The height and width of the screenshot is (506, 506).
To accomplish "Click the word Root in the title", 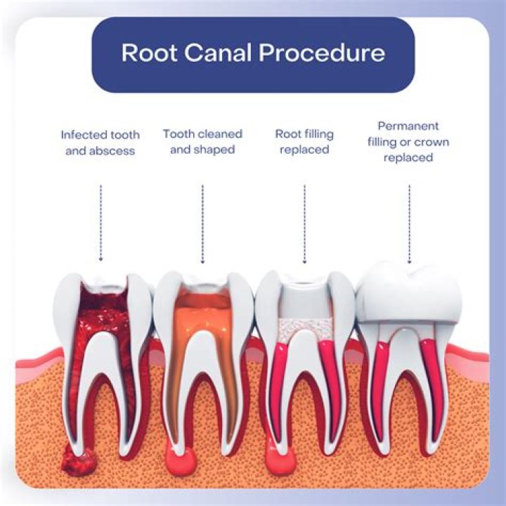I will pyautogui.click(x=145, y=53).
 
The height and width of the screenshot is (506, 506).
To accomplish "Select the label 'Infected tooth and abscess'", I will pyautogui.click(x=100, y=142).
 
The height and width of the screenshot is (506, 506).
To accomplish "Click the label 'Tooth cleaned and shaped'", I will pyautogui.click(x=202, y=141).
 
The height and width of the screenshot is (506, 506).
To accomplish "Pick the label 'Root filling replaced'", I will pyautogui.click(x=304, y=141).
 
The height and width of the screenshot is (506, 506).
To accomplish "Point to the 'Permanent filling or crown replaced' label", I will pyautogui.click(x=408, y=141).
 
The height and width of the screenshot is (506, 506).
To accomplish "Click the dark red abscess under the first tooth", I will pyautogui.click(x=77, y=460).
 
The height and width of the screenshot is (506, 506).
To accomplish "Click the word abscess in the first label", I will pyautogui.click(x=113, y=150).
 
